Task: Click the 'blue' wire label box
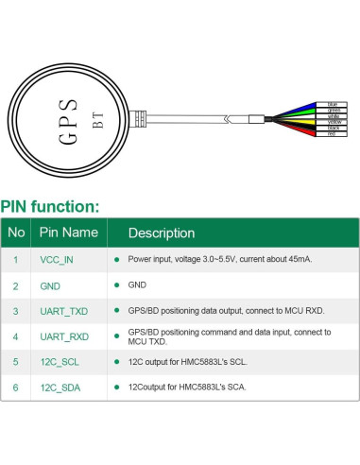pyautogui.click(x=332, y=103)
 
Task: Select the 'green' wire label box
pyautogui.click(x=332, y=110)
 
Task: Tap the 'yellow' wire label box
pyautogui.click(x=332, y=122)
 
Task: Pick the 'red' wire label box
pyautogui.click(x=332, y=134)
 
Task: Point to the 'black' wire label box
pyautogui.click(x=332, y=128)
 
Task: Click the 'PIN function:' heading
pyautogui.click(x=49, y=207)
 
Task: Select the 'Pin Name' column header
pyautogui.click(x=67, y=232)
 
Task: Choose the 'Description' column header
pyautogui.click(x=162, y=232)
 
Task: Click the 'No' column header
pyautogui.click(x=16, y=232)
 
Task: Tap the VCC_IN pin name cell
pyautogui.click(x=56, y=258)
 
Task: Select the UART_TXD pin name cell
pyautogui.click(x=63, y=309)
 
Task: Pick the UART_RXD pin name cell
pyautogui.click(x=63, y=336)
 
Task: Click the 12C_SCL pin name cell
pyautogui.click(x=60, y=361)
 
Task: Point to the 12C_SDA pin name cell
pyautogui.click(x=60, y=387)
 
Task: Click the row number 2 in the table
pyautogui.click(x=15, y=284)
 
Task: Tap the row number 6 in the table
pyautogui.click(x=15, y=387)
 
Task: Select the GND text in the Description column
pyautogui.click(x=137, y=284)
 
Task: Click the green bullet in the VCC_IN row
pyautogui.click(x=116, y=258)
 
